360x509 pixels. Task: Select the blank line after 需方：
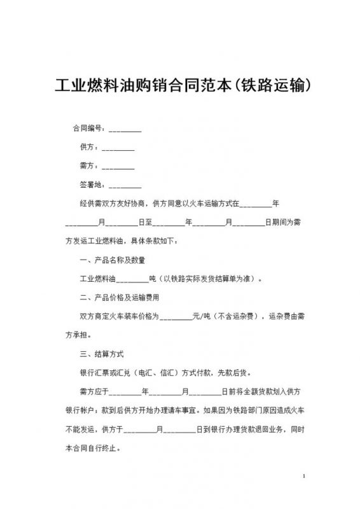point(118,167)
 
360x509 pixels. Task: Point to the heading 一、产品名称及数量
point(112,260)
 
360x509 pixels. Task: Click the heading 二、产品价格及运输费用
point(119,297)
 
